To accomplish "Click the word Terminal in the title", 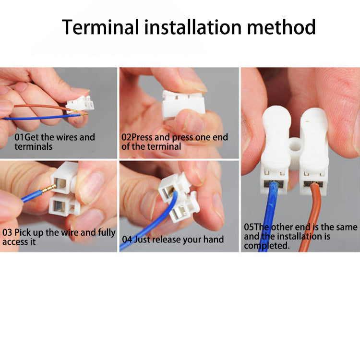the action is (x=100, y=27).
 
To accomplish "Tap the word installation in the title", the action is (x=193, y=27).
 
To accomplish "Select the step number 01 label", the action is (x=19, y=137).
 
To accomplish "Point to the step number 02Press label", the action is (x=137, y=137).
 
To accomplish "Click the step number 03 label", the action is (x=7, y=232).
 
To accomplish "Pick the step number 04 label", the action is (x=127, y=240).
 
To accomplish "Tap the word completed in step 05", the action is (x=267, y=246).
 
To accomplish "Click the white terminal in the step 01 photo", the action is (x=80, y=104).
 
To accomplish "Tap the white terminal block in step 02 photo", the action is (x=183, y=105).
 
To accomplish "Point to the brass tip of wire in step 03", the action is (x=48, y=189).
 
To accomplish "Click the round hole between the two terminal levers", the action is (x=295, y=146).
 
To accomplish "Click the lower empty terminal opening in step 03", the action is (x=59, y=205).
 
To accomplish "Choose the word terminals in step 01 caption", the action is (x=34, y=146).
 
